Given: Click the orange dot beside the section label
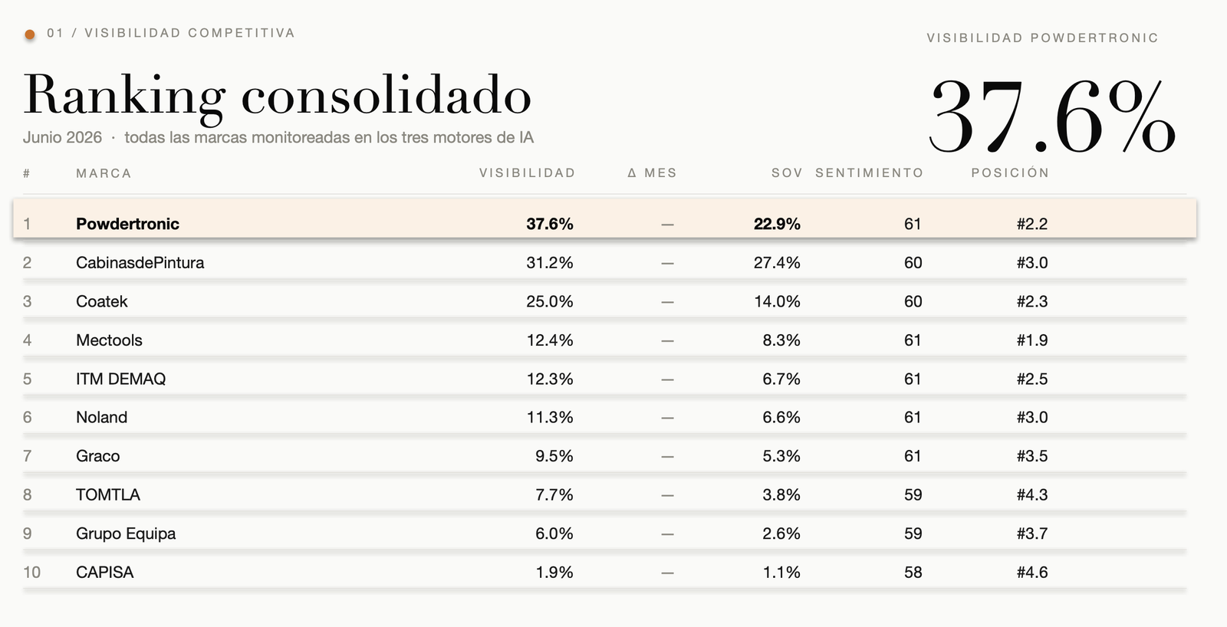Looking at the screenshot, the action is tap(30, 34).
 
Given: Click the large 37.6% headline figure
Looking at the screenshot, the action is tap(1051, 116).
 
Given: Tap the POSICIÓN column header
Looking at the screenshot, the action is tap(1010, 173).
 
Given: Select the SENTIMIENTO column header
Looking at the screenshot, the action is tap(870, 173).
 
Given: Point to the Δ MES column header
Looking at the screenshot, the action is tap(652, 173).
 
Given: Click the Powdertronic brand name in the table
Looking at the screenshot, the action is tap(127, 224).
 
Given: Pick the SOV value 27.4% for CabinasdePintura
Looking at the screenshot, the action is tap(777, 263).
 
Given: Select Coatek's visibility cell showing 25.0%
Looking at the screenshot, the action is tap(549, 302).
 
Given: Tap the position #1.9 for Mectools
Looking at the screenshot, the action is tap(1032, 340).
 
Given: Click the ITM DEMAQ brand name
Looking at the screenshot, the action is tap(120, 379).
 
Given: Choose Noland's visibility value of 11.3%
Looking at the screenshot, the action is tap(549, 417).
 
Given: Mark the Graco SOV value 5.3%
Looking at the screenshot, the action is tap(781, 456).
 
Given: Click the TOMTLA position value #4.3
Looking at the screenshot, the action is tap(1032, 495).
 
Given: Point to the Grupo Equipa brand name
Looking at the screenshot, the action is tap(126, 534).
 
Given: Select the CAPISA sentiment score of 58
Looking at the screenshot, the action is tap(913, 573).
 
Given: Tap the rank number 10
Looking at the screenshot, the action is tap(31, 573).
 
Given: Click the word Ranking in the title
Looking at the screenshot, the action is tap(124, 97).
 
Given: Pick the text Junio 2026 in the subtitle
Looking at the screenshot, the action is tap(62, 137).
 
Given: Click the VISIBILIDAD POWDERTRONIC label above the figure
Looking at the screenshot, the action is tap(1042, 38).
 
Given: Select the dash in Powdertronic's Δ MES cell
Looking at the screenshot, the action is tap(667, 225).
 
